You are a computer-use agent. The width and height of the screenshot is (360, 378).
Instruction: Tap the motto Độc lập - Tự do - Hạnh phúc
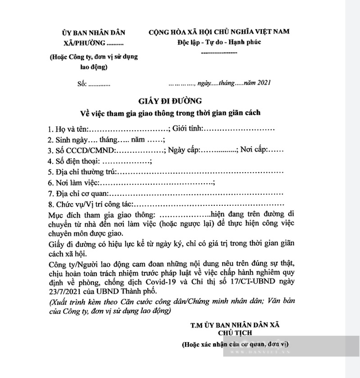click(x=218, y=42)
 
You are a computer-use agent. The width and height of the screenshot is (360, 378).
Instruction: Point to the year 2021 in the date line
click(x=263, y=83)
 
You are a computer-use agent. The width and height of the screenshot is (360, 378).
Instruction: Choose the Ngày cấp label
click(x=183, y=150)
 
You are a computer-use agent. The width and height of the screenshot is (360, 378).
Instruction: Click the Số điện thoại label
click(x=79, y=161)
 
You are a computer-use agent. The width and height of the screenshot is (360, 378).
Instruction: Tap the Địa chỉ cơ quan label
click(x=80, y=194)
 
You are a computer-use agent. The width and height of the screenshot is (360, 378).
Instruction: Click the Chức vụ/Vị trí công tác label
click(x=95, y=204)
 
